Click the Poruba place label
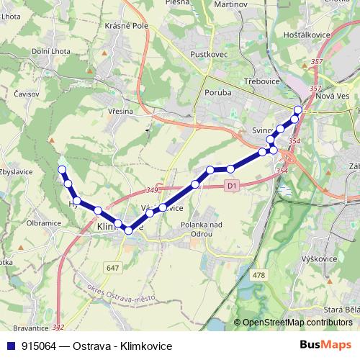[x=217, y=93]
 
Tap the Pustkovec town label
[x=208, y=54]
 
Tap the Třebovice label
[x=261, y=82]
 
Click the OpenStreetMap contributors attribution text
[x=295, y=323]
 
